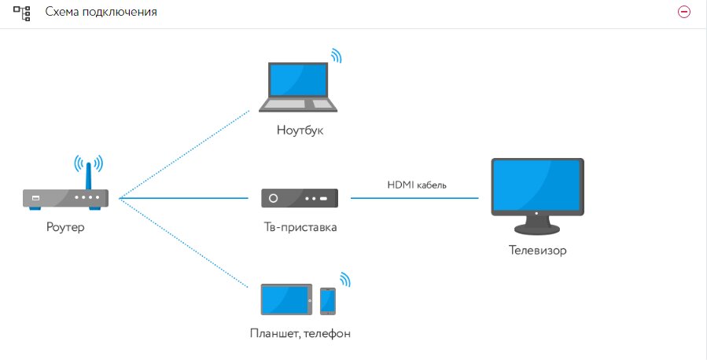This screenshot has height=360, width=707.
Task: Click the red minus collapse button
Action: tap(683, 13)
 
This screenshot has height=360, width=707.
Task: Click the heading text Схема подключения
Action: tap(101, 13)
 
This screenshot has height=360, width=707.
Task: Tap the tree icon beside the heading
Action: tap(21, 13)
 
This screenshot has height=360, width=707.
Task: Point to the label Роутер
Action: tap(65, 228)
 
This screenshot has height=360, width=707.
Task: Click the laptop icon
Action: tap(299, 86)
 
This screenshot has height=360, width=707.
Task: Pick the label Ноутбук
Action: tap(300, 130)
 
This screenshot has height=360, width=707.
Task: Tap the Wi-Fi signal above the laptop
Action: tap(336, 55)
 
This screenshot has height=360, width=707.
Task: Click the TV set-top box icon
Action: tap(300, 198)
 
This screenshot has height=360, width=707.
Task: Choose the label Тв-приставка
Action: tap(300, 228)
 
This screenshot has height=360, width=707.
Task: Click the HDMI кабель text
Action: tap(417, 186)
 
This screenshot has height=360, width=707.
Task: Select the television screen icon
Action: tap(536, 192)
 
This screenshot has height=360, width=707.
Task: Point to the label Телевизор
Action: tap(536, 252)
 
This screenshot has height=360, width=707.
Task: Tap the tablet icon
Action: tap(285, 299)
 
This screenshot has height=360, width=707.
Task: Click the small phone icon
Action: tap(327, 300)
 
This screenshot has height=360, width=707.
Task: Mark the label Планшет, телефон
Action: tap(300, 333)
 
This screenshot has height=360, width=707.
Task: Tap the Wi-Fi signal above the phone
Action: tap(344, 279)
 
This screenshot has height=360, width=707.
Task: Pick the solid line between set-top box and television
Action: tap(414, 198)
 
